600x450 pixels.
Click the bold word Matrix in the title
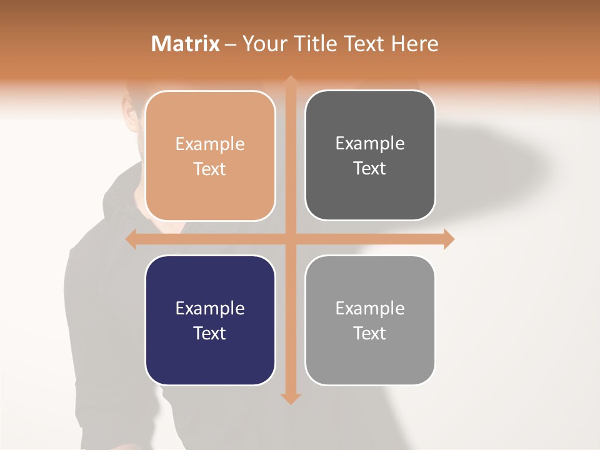click(x=186, y=44)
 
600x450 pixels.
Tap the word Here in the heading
click(x=414, y=44)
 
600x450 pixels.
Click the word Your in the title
click(x=262, y=44)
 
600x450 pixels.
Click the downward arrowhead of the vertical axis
click(x=291, y=398)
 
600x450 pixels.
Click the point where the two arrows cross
click(x=291, y=239)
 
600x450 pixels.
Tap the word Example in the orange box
click(x=210, y=144)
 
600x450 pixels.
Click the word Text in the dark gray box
click(x=370, y=169)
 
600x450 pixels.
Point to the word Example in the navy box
click(x=210, y=309)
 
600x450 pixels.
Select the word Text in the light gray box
click(x=370, y=333)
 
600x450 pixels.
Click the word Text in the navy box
click(x=210, y=333)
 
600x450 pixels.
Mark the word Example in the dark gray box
click(x=370, y=144)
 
